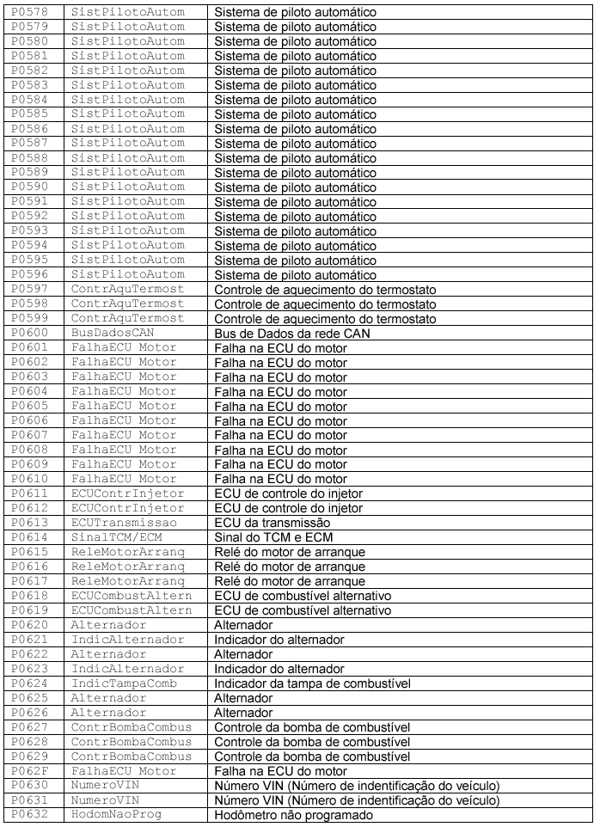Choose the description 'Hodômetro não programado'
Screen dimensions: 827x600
pos(293,813)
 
